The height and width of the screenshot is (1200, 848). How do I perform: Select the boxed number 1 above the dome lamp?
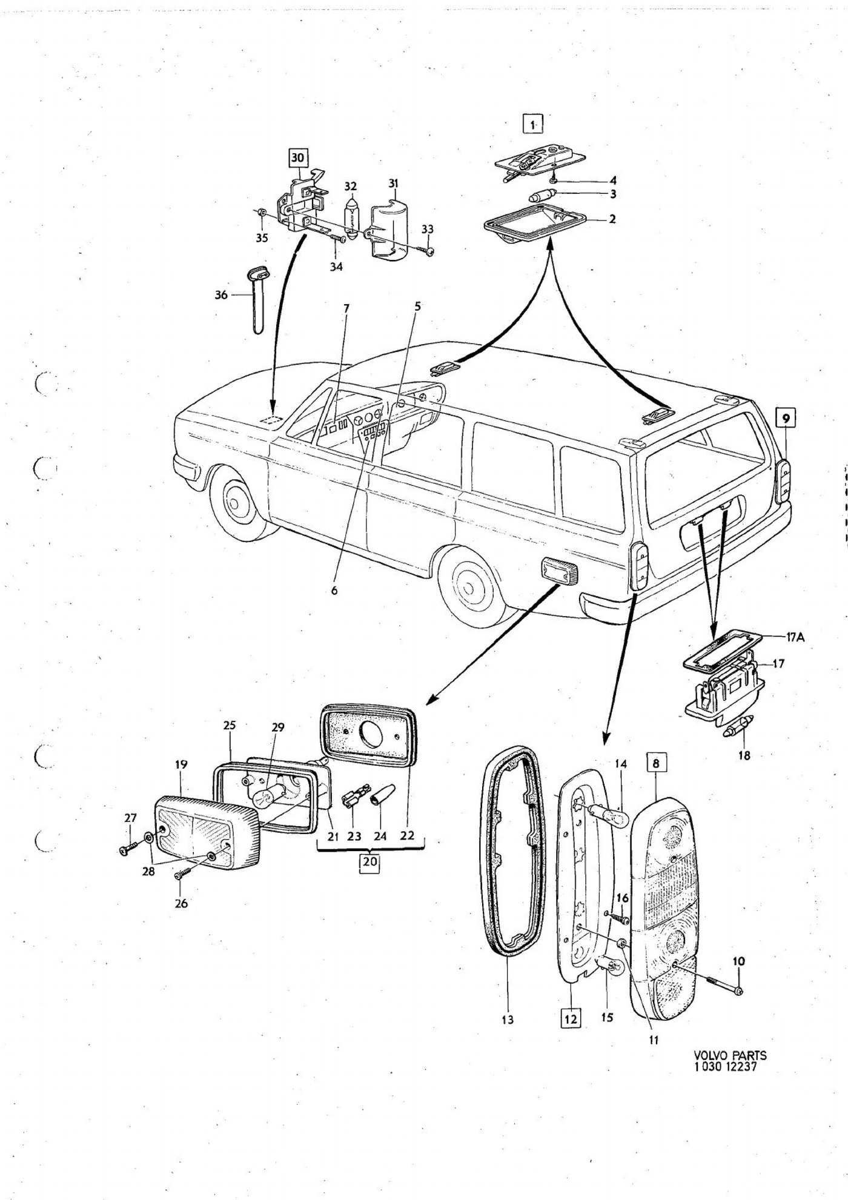point(533,124)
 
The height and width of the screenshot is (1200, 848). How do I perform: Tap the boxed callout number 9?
point(786,418)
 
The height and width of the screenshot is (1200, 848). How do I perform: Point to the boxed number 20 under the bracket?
point(369,863)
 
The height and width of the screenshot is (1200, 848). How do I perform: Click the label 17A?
point(796,637)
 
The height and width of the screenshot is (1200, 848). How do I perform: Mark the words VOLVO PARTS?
point(730,1055)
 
